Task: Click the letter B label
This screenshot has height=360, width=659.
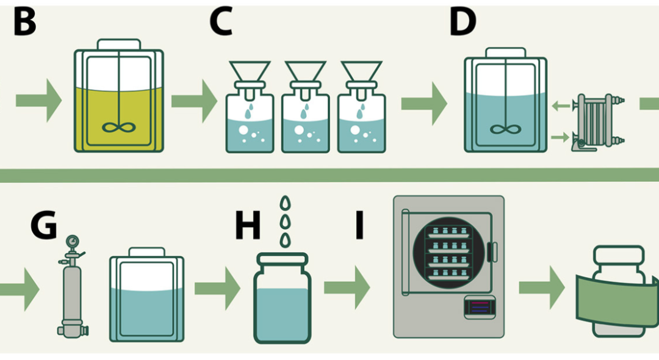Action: tap(24, 22)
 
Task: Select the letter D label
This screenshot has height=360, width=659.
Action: tap(463, 22)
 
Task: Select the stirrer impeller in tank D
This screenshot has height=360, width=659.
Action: tap(505, 130)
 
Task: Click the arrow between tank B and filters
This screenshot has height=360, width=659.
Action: tap(194, 101)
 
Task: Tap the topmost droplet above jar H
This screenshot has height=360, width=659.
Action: tap(284, 202)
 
